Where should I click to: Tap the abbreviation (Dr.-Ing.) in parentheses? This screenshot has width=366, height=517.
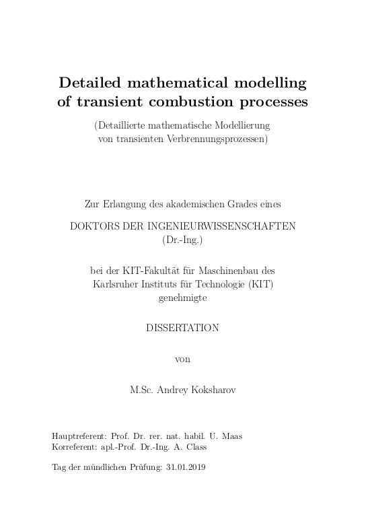click(x=182, y=239)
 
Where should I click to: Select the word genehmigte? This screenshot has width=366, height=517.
click(x=182, y=296)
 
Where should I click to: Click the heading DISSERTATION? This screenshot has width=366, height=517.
click(x=182, y=328)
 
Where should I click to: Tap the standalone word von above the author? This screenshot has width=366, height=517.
click(x=182, y=359)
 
